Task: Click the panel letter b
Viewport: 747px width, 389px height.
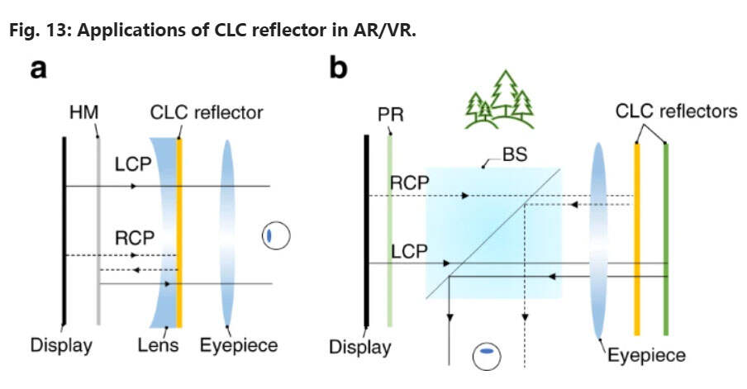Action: (x=339, y=70)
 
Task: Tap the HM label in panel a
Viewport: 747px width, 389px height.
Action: (x=92, y=111)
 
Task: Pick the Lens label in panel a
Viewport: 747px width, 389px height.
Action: (x=158, y=344)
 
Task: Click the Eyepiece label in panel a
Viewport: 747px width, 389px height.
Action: (x=239, y=344)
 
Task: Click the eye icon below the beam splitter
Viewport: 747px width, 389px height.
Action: (x=487, y=355)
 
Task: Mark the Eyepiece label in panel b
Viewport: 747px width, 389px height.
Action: (x=647, y=356)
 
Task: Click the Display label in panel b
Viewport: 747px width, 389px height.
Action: (x=360, y=346)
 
